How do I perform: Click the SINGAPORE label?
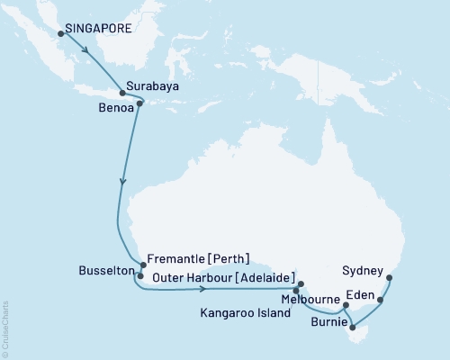99,28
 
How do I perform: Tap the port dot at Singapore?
61,34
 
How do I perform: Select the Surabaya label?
150,87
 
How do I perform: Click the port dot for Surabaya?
122,92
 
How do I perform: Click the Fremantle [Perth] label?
197,256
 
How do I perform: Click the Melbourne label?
310,298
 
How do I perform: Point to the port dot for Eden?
380,300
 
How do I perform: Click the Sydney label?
364,269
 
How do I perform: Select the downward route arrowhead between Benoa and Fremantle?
123,183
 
